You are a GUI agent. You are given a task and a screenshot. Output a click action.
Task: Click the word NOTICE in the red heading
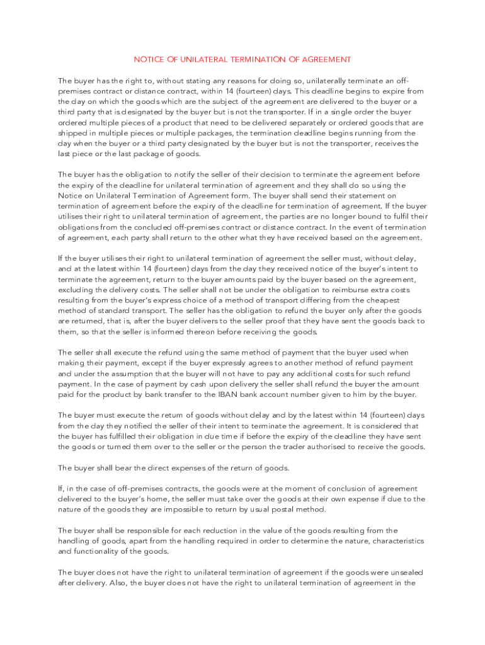coord(147,59)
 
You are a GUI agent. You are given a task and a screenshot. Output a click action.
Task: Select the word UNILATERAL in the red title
coord(200,59)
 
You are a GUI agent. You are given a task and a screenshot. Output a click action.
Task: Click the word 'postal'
coord(278,509)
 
